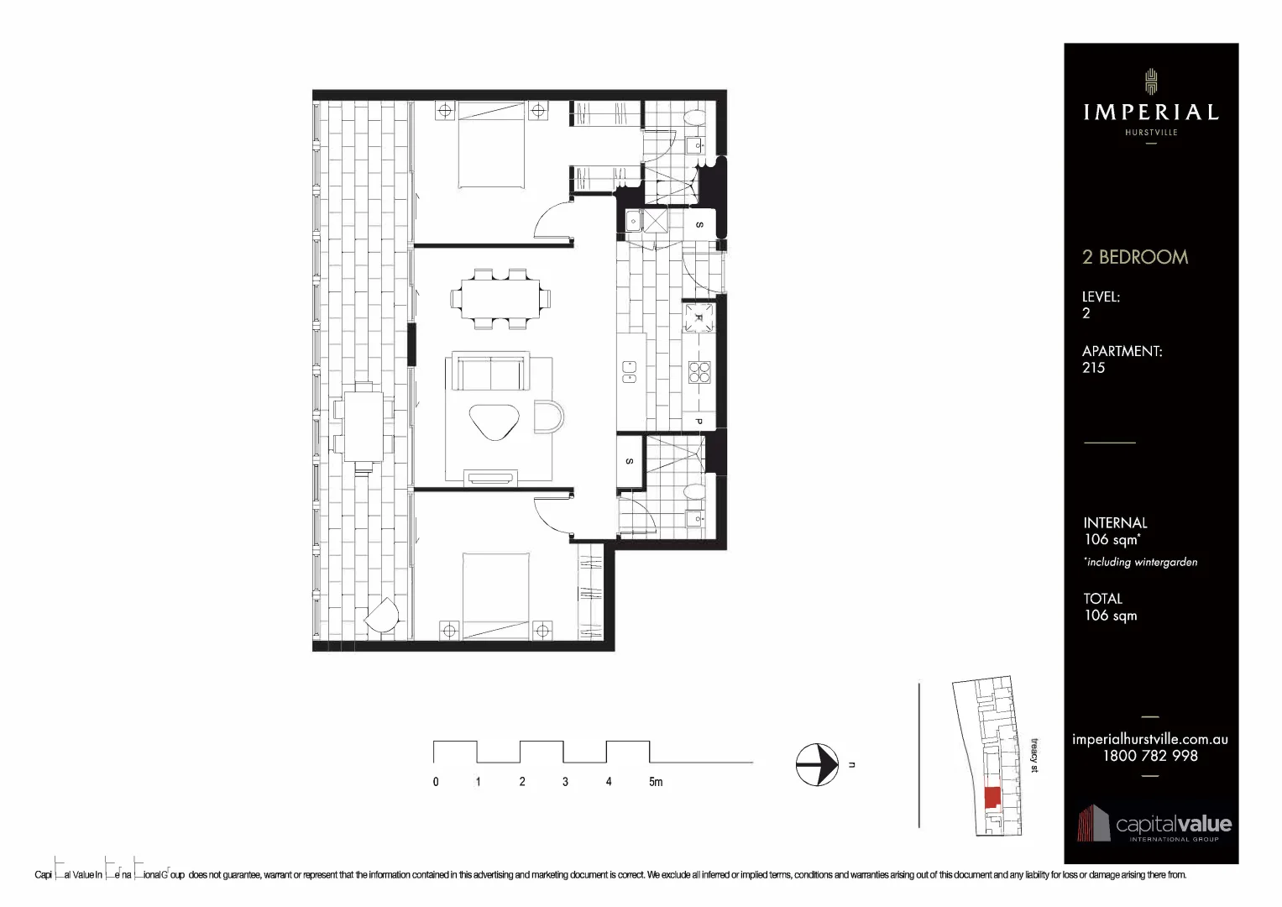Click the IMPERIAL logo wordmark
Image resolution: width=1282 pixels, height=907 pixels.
click(x=1150, y=112)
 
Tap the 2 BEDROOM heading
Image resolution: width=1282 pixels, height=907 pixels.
click(x=1135, y=257)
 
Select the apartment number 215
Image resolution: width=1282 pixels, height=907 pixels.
click(x=1093, y=368)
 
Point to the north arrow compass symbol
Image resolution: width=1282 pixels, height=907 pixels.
click(x=817, y=764)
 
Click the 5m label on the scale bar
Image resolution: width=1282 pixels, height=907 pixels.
click(x=655, y=782)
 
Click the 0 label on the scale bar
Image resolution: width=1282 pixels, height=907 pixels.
click(x=436, y=782)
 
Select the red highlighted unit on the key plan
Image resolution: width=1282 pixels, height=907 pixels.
click(x=992, y=797)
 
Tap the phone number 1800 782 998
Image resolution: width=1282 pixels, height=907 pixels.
click(x=1149, y=756)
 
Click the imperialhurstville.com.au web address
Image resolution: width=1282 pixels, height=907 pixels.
click(x=1149, y=739)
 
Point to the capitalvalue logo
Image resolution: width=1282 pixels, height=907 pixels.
click(x=1154, y=825)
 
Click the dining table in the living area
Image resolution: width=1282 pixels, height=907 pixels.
click(x=500, y=298)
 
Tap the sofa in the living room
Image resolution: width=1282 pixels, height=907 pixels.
click(x=490, y=372)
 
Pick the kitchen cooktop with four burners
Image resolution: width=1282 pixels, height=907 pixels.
click(x=699, y=371)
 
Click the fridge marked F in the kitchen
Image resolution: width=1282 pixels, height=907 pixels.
click(x=699, y=317)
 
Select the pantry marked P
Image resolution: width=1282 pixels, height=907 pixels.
click(x=699, y=421)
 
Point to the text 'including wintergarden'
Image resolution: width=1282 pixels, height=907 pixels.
click(x=1141, y=562)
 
